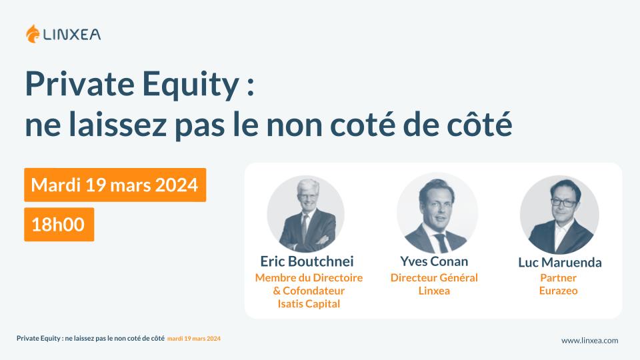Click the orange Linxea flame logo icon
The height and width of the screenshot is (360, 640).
[x=33, y=33]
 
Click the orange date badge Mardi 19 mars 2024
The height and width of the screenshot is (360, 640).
[x=115, y=185]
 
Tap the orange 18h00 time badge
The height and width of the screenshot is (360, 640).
[x=59, y=224]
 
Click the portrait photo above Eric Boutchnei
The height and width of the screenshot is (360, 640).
[x=306, y=214]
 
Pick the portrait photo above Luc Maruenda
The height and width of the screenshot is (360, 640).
[x=559, y=215]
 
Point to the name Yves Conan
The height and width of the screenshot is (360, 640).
[x=434, y=261]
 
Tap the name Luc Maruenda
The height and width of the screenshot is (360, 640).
[x=559, y=262]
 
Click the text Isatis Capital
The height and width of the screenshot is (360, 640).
[x=309, y=304]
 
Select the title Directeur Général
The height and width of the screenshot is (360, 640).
[x=434, y=277]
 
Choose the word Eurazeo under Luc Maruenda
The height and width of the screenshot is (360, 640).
[x=559, y=291]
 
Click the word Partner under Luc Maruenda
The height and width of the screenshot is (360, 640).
[x=559, y=277]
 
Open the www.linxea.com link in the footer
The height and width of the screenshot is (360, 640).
[x=589, y=340]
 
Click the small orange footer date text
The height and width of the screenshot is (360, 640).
[x=194, y=339]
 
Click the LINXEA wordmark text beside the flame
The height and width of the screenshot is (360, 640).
[x=73, y=34]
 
